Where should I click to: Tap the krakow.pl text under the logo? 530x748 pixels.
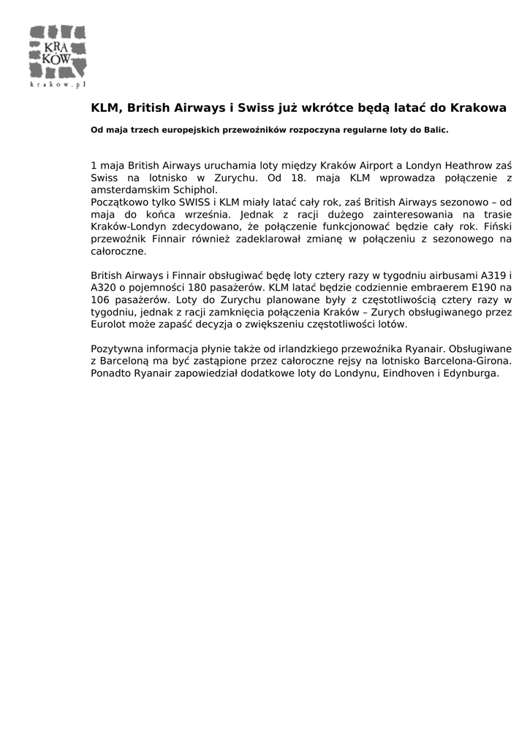tap(58, 85)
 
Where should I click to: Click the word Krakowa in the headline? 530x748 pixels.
tap(478, 108)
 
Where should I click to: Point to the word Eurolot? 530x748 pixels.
tap(111, 324)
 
